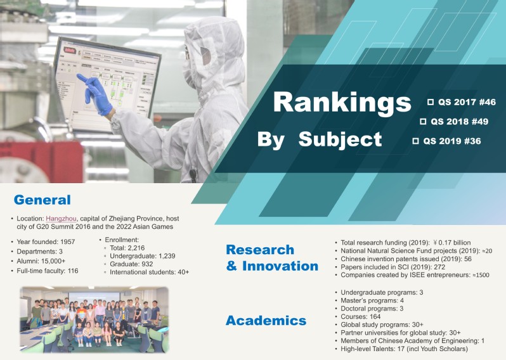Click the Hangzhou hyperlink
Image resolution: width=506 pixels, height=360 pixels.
[61, 219]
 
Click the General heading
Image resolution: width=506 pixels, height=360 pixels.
[42, 200]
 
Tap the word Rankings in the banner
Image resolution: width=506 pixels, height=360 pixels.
[342, 103]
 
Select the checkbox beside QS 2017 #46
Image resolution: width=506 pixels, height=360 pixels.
[430, 102]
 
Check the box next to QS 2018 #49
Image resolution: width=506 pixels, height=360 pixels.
[423, 122]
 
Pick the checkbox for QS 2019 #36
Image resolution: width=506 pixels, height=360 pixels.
[415, 141]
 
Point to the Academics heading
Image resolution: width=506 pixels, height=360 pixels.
[266, 321]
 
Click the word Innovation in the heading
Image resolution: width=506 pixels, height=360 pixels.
[280, 266]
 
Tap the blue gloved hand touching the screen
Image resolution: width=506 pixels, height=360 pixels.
[95, 94]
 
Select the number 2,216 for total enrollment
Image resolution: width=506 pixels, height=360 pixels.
[136, 248]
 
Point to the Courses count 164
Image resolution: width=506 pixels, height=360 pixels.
[375, 317]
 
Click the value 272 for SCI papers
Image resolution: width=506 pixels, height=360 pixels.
[439, 267]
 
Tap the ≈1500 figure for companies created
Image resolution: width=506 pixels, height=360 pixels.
[481, 275]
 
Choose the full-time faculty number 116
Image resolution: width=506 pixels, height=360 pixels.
[73, 271]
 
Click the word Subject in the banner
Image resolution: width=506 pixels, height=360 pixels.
[340, 140]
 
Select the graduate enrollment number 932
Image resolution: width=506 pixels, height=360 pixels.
[147, 264]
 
